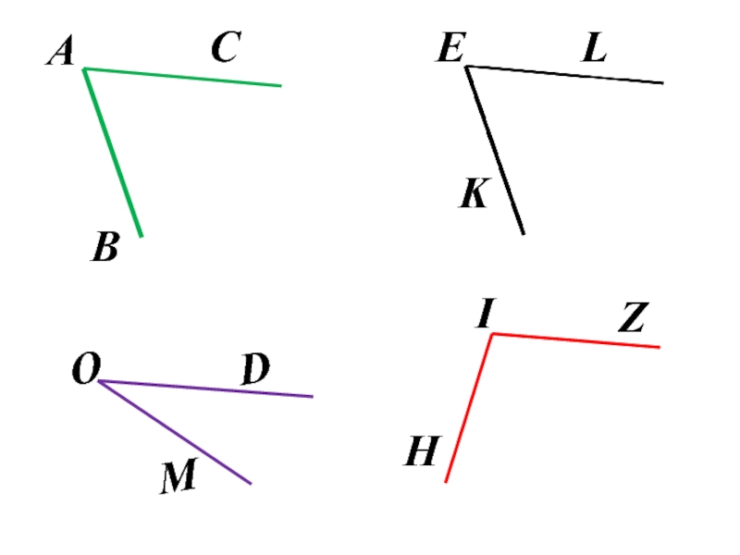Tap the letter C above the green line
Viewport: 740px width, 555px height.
[x=225, y=48]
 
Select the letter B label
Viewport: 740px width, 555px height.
[x=106, y=247]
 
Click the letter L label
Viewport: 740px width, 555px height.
[x=595, y=48]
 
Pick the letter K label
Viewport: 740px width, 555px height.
[x=475, y=194]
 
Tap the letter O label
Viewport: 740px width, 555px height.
[x=86, y=371]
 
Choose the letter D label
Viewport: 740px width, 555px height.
[x=255, y=371]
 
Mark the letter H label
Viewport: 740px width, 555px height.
[x=421, y=453]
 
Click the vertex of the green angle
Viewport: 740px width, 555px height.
[x=84, y=69]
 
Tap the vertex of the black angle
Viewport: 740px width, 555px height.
[x=467, y=67]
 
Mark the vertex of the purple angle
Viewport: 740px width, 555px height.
[x=100, y=381]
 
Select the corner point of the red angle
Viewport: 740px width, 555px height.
[x=492, y=334]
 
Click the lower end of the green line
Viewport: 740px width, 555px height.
[x=141, y=236]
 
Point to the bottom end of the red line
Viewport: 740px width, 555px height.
[x=446, y=481]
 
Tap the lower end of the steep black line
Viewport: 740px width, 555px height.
[x=523, y=233]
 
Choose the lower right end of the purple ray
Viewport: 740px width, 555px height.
[x=250, y=483]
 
